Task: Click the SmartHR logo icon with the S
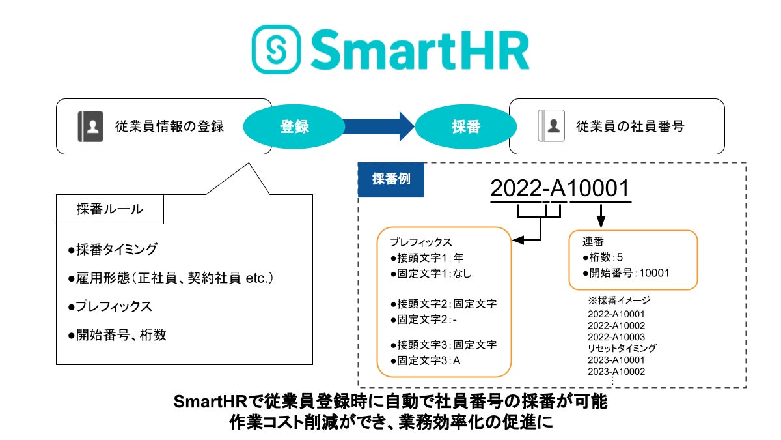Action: coord(277,50)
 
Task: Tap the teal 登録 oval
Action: coord(294,126)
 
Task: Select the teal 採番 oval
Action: coord(465,126)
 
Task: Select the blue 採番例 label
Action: coord(391,179)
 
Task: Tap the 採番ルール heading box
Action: coord(110,209)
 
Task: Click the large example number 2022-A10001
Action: coord(560,188)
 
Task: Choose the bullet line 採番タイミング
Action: coord(113,250)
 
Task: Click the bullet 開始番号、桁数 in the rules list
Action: coord(117,335)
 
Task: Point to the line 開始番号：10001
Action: coord(626,273)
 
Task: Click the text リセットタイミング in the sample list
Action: coord(622,348)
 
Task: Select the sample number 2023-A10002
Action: coord(616,372)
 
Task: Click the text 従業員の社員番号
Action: coord(629,126)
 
